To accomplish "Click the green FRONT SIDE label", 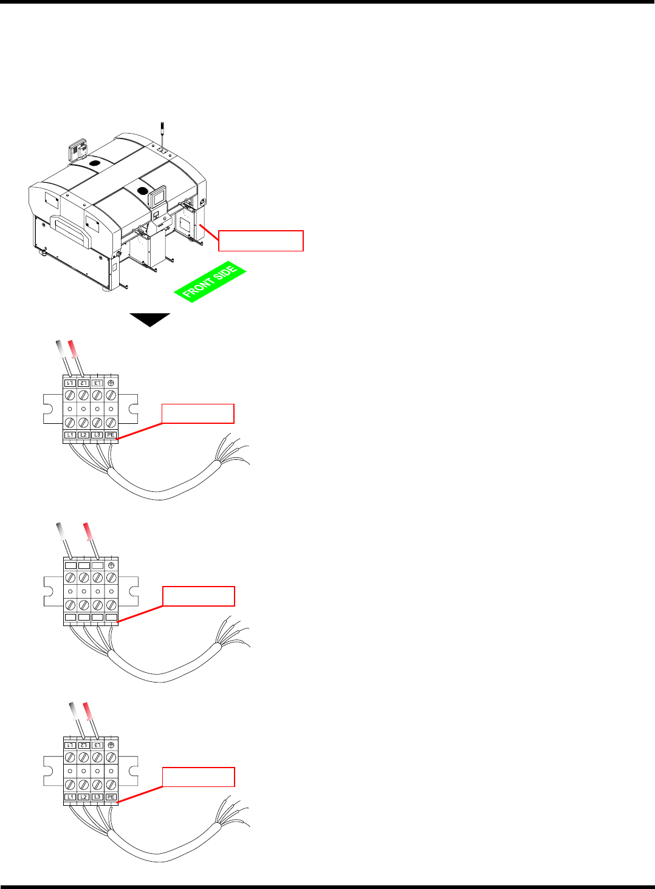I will (210, 283).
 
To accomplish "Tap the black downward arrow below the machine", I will (149, 319).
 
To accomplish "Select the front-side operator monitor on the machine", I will (158, 198).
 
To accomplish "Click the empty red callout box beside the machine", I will (261, 240).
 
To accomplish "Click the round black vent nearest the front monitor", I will (143, 191).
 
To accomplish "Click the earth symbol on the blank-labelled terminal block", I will (111, 565).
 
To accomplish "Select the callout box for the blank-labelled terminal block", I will (198, 596).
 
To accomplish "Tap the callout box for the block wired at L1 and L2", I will (198, 414).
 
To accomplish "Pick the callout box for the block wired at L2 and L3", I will (198, 777).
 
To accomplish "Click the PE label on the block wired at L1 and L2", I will (111, 435).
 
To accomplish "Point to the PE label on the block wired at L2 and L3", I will (111, 797).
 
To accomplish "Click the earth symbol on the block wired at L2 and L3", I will (111, 744).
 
